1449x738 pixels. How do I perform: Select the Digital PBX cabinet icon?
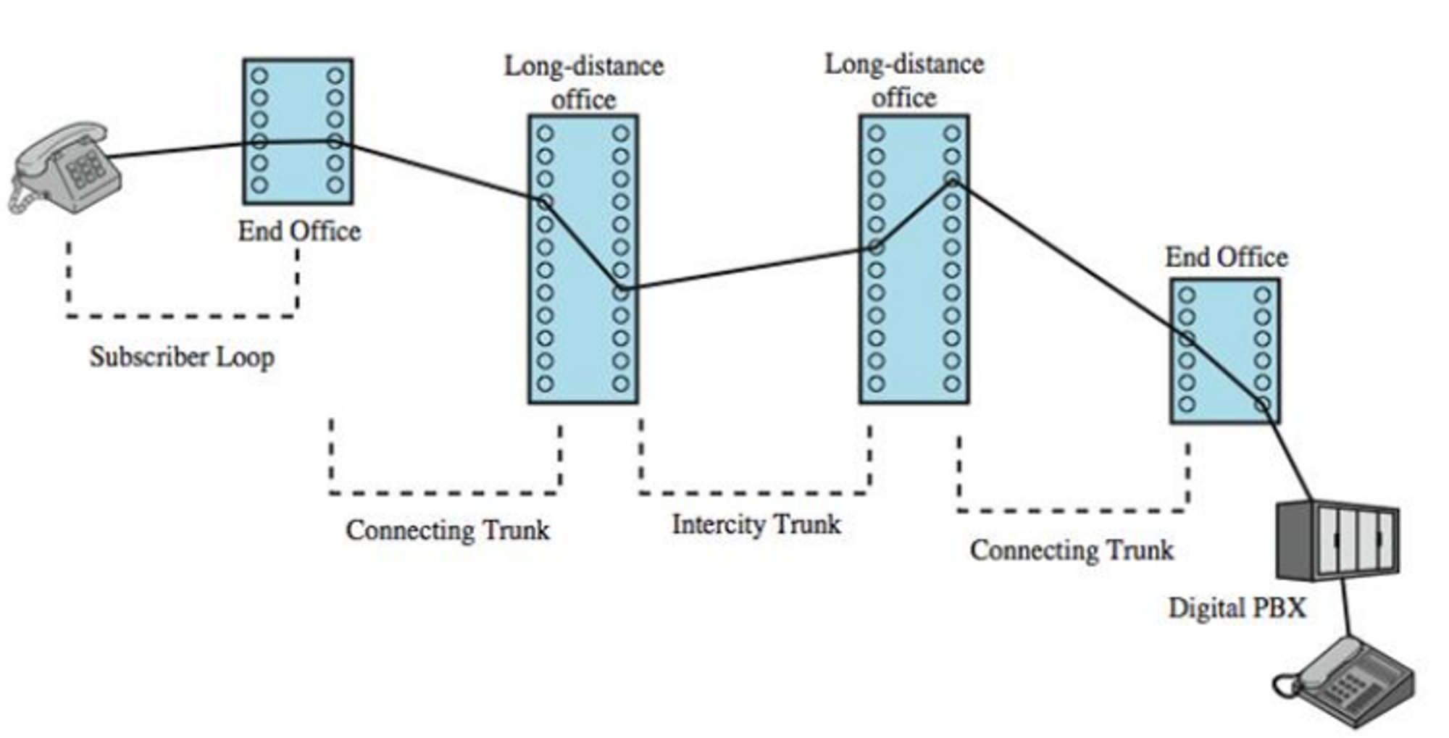[x=1337, y=540]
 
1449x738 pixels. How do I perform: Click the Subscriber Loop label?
[x=182, y=357]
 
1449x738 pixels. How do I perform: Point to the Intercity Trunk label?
[x=756, y=524]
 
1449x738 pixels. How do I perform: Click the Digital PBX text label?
[x=1237, y=608]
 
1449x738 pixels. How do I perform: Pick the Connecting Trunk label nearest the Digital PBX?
[x=1072, y=550]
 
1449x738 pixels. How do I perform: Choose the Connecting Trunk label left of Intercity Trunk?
[x=448, y=529]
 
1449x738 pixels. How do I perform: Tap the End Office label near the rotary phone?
[x=299, y=231]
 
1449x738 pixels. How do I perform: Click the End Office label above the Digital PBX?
[x=1226, y=257]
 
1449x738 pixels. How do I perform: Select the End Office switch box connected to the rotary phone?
[x=298, y=131]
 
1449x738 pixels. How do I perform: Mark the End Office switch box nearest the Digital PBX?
[x=1224, y=351]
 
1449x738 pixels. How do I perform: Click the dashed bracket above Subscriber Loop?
[x=182, y=315]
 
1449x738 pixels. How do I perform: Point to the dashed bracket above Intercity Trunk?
[x=755, y=492]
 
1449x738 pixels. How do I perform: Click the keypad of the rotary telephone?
[x=85, y=171]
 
